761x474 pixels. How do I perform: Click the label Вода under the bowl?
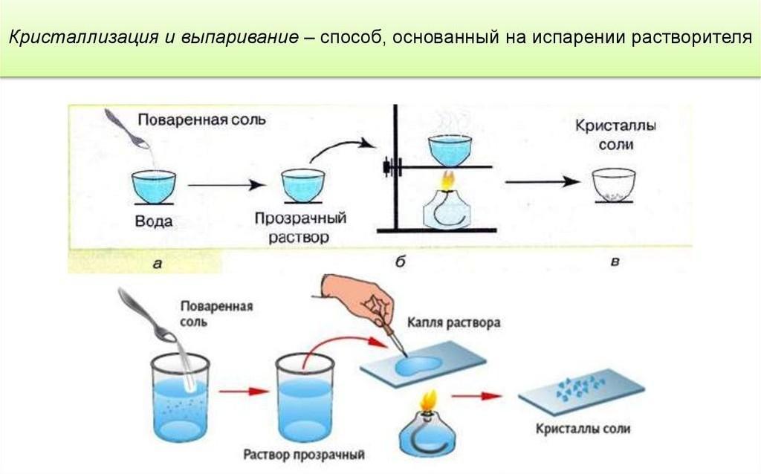(154, 221)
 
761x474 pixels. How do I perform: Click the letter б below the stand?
(400, 261)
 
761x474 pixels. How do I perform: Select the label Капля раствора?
(454, 324)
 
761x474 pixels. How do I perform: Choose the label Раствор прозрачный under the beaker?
(304, 452)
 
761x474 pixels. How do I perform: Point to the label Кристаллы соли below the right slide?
(583, 429)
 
